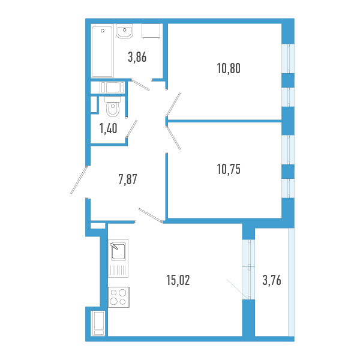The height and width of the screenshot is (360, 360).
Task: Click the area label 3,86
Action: click(137, 57)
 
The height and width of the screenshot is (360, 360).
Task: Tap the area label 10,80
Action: click(229, 68)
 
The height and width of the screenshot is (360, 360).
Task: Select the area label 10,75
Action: click(229, 169)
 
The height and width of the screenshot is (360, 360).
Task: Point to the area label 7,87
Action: click(128, 179)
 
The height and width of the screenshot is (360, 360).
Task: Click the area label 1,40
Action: click(108, 128)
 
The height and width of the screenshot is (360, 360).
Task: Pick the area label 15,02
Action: click(178, 280)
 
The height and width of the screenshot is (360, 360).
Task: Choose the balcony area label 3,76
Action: click(272, 280)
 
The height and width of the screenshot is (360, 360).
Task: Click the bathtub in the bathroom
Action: click(103, 52)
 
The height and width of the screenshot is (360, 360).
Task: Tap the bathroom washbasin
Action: click(124, 31)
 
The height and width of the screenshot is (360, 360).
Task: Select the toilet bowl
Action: click(113, 107)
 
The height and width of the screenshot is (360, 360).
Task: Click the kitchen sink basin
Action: click(118, 251)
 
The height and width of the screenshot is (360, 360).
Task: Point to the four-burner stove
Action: click(119, 297)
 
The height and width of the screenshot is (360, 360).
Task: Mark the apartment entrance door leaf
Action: click(79, 180)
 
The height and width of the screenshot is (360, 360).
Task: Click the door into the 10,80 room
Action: click(173, 104)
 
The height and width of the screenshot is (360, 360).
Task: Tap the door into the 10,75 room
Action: click(174, 138)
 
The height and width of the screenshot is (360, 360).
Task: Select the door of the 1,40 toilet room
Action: click(131, 129)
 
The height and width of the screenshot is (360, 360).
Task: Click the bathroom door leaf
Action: click(140, 85)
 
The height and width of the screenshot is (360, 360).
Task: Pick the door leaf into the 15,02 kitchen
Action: click(151, 215)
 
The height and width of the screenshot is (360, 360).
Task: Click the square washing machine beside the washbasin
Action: click(151, 31)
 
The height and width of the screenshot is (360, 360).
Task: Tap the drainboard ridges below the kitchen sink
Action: click(118, 271)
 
